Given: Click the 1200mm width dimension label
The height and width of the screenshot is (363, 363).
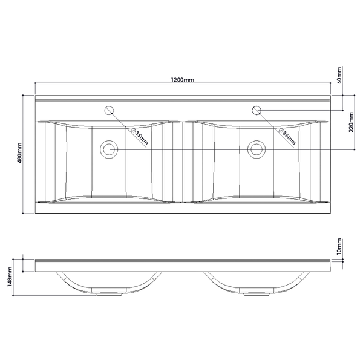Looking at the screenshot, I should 183,79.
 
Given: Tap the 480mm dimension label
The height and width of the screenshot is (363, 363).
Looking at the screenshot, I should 19,155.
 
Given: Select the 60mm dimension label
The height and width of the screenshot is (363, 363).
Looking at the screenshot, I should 340,74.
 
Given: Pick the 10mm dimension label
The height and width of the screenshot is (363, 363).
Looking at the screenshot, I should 340,246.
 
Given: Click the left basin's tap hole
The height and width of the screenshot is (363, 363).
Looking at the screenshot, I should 110,110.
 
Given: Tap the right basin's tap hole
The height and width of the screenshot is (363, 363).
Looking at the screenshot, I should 257,110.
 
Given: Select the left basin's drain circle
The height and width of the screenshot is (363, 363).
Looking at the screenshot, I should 110,148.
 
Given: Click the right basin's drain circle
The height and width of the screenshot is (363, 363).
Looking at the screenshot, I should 257,148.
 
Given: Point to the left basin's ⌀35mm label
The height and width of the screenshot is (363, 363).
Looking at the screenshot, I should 138,136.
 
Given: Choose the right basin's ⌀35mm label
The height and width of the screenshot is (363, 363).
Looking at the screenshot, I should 286,136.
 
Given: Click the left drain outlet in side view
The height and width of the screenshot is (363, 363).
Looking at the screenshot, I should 110,295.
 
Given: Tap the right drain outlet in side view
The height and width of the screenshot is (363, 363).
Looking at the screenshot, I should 257,295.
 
